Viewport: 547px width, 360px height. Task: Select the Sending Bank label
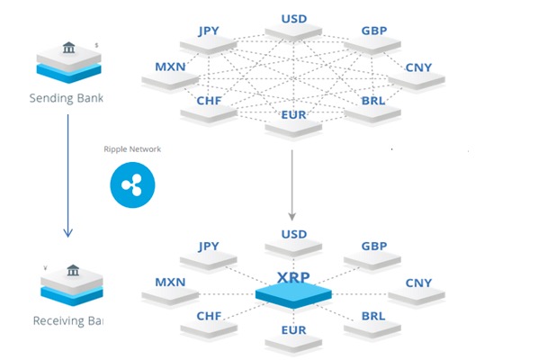click(x=67, y=96)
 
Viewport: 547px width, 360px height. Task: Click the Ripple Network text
click(x=132, y=149)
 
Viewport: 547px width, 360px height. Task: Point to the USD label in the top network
click(x=293, y=18)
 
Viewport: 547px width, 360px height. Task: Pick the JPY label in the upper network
click(x=209, y=31)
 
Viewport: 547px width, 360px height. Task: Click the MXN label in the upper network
click(x=170, y=67)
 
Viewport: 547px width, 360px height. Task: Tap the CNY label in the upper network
click(x=418, y=67)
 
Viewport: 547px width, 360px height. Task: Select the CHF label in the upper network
click(x=209, y=102)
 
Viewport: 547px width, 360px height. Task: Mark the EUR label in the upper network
click(x=293, y=115)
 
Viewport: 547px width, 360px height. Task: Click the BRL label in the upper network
click(x=372, y=102)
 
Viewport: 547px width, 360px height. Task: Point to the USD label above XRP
click(x=293, y=235)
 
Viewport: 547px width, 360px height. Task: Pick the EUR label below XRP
click(x=293, y=332)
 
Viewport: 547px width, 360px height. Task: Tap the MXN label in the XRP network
click(x=170, y=283)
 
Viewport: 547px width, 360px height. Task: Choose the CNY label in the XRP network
click(x=418, y=283)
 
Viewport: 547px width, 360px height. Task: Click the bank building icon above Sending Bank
click(x=68, y=47)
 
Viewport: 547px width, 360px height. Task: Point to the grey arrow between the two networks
click(x=292, y=184)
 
